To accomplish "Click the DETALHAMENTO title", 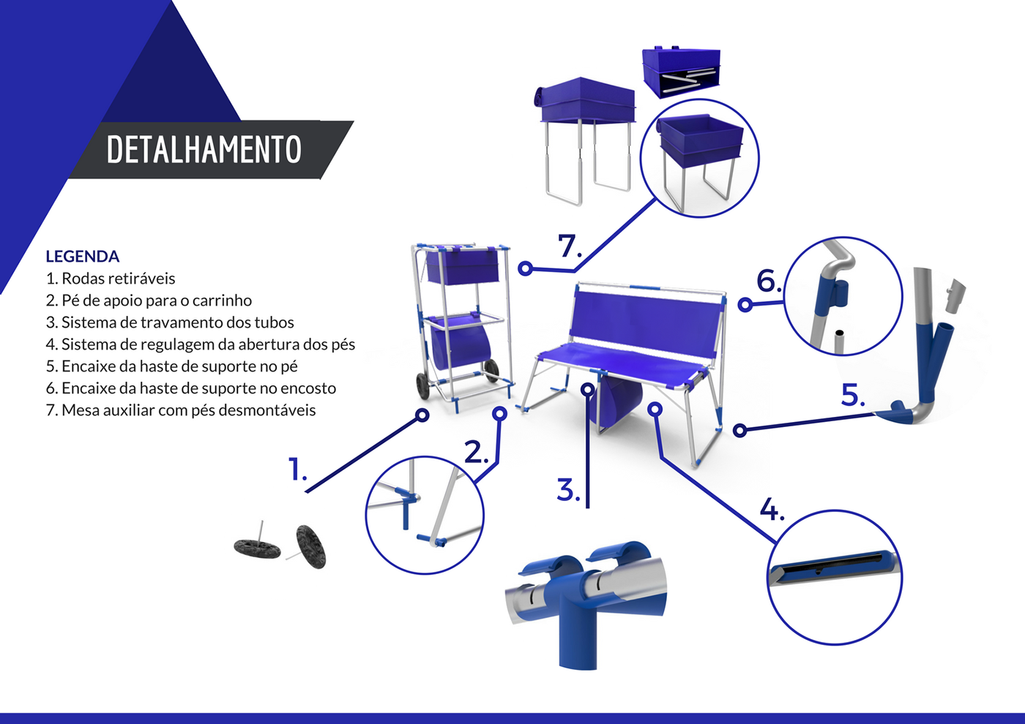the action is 204,149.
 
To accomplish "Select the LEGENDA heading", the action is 82,257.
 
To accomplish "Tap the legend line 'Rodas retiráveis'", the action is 111,279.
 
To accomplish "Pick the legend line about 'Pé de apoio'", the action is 149,301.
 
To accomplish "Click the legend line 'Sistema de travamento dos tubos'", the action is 170,323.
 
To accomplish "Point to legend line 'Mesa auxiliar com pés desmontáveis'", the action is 181,410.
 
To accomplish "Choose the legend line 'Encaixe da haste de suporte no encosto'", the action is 191,388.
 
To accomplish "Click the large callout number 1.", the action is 297,469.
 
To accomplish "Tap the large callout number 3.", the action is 569,489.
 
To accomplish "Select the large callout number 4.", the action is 772,510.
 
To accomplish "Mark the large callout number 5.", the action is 853,396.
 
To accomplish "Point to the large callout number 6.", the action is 769,281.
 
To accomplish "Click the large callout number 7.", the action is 570,246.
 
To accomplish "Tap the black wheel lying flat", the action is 257,548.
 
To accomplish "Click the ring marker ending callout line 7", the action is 526,268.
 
